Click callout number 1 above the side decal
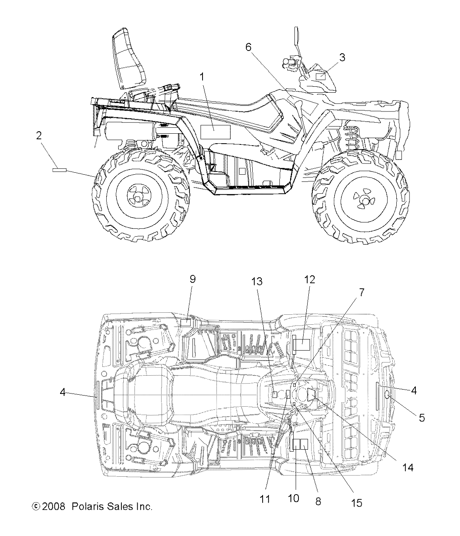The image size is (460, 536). (202, 77)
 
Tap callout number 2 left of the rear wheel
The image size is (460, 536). (39, 136)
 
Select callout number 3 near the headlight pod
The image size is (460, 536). (341, 57)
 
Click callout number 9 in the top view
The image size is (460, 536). (192, 279)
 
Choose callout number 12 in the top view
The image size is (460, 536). (310, 279)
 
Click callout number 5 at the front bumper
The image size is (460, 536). (421, 417)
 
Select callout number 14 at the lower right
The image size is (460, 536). (407, 468)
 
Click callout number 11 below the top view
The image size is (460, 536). (265, 499)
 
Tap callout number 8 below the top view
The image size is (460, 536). (318, 501)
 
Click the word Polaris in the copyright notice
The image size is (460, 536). (86, 507)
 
